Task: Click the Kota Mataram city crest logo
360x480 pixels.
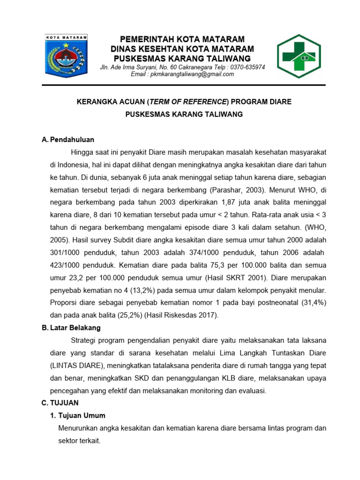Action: click(x=66, y=57)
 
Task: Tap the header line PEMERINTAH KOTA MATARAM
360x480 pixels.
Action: click(x=182, y=39)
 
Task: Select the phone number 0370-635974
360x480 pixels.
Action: click(x=245, y=67)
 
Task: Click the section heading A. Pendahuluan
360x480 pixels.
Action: click(x=68, y=140)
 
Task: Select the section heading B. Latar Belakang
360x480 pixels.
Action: click(x=71, y=328)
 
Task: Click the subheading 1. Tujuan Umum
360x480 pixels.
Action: click(x=78, y=415)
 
